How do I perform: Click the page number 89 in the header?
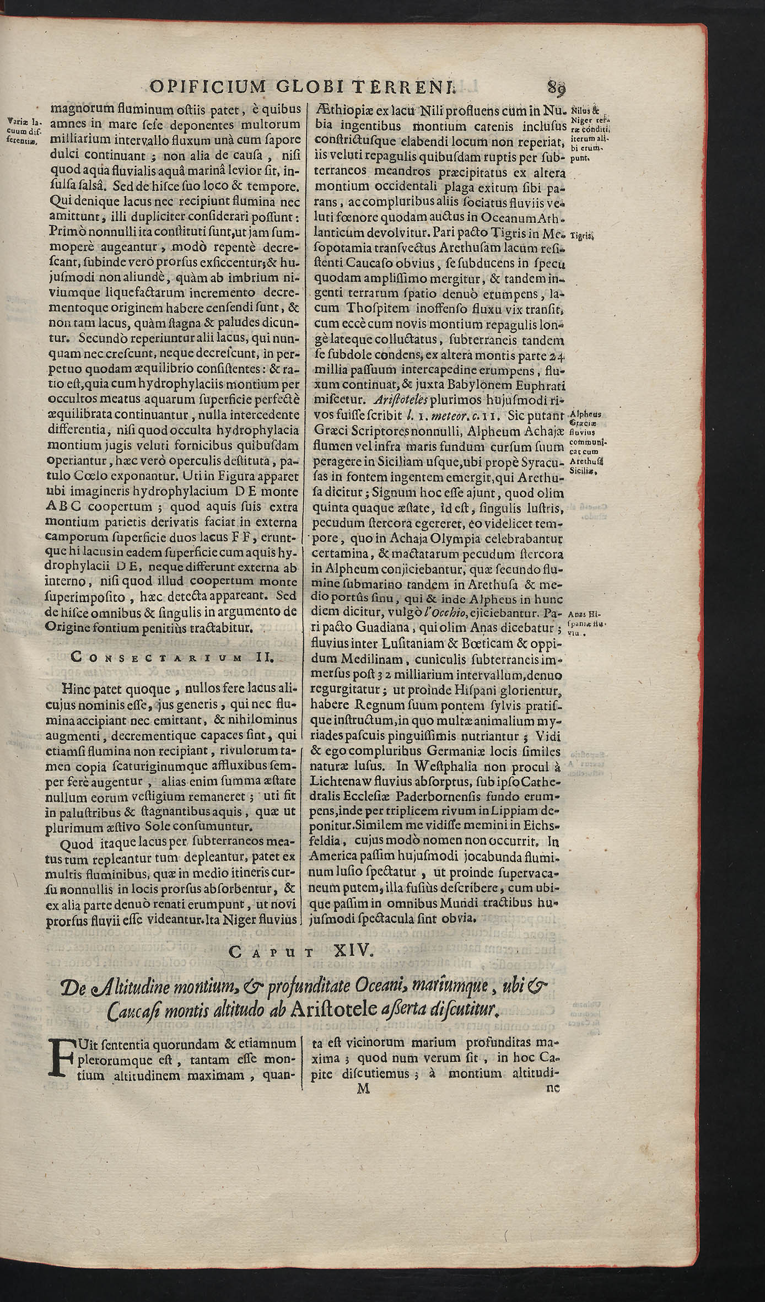click(x=557, y=87)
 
